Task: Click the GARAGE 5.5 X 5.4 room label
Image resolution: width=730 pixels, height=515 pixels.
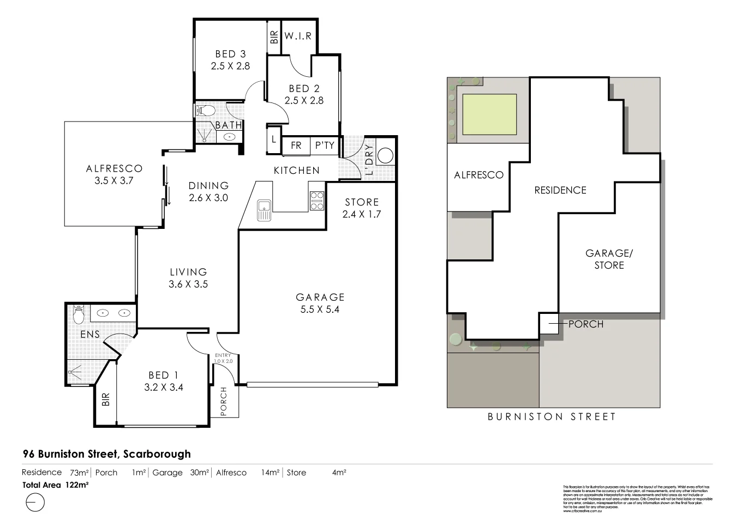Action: click(320, 303)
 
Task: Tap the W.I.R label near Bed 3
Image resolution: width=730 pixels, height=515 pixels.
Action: click(298, 37)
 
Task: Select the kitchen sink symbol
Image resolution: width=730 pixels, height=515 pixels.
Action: click(264, 209)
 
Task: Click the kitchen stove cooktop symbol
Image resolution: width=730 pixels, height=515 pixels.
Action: click(317, 201)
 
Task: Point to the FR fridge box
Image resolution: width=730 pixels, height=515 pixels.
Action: click(296, 146)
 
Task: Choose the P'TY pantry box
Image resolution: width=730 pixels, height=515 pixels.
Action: click(325, 146)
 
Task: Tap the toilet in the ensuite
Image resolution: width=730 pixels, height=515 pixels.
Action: click(77, 314)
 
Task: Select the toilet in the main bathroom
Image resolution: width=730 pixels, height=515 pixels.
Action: click(205, 111)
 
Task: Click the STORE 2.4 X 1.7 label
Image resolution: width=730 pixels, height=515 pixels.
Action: click(362, 208)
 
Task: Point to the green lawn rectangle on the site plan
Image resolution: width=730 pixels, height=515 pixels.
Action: click(489, 114)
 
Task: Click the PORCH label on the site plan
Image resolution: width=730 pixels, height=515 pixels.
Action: click(585, 324)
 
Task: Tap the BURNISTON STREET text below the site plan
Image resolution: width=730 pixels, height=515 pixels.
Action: click(552, 417)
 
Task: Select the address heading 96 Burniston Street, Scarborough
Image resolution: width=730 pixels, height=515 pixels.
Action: click(107, 454)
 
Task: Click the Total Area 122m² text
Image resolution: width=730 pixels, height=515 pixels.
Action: click(56, 484)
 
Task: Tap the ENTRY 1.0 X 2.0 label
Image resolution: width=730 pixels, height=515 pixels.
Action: click(223, 358)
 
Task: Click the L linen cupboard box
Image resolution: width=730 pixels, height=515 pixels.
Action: click(274, 139)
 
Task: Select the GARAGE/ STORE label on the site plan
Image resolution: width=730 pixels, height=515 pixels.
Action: click(608, 259)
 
